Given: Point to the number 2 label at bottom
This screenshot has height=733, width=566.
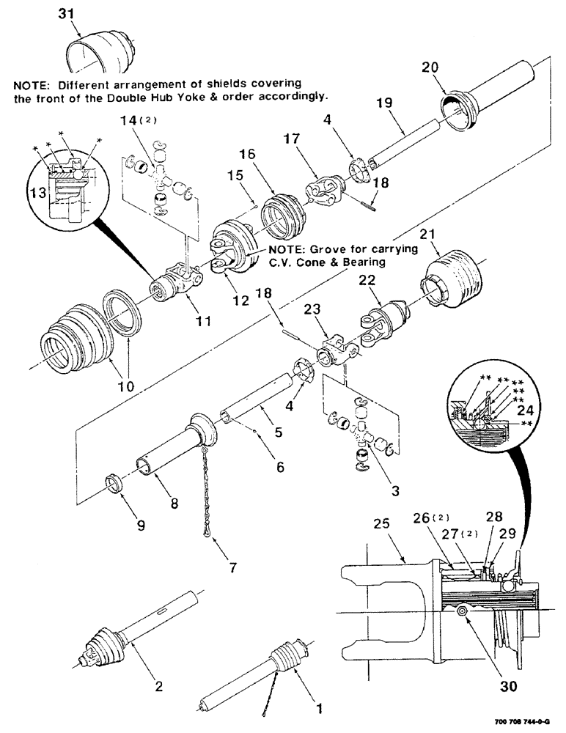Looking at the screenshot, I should pos(159,687).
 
